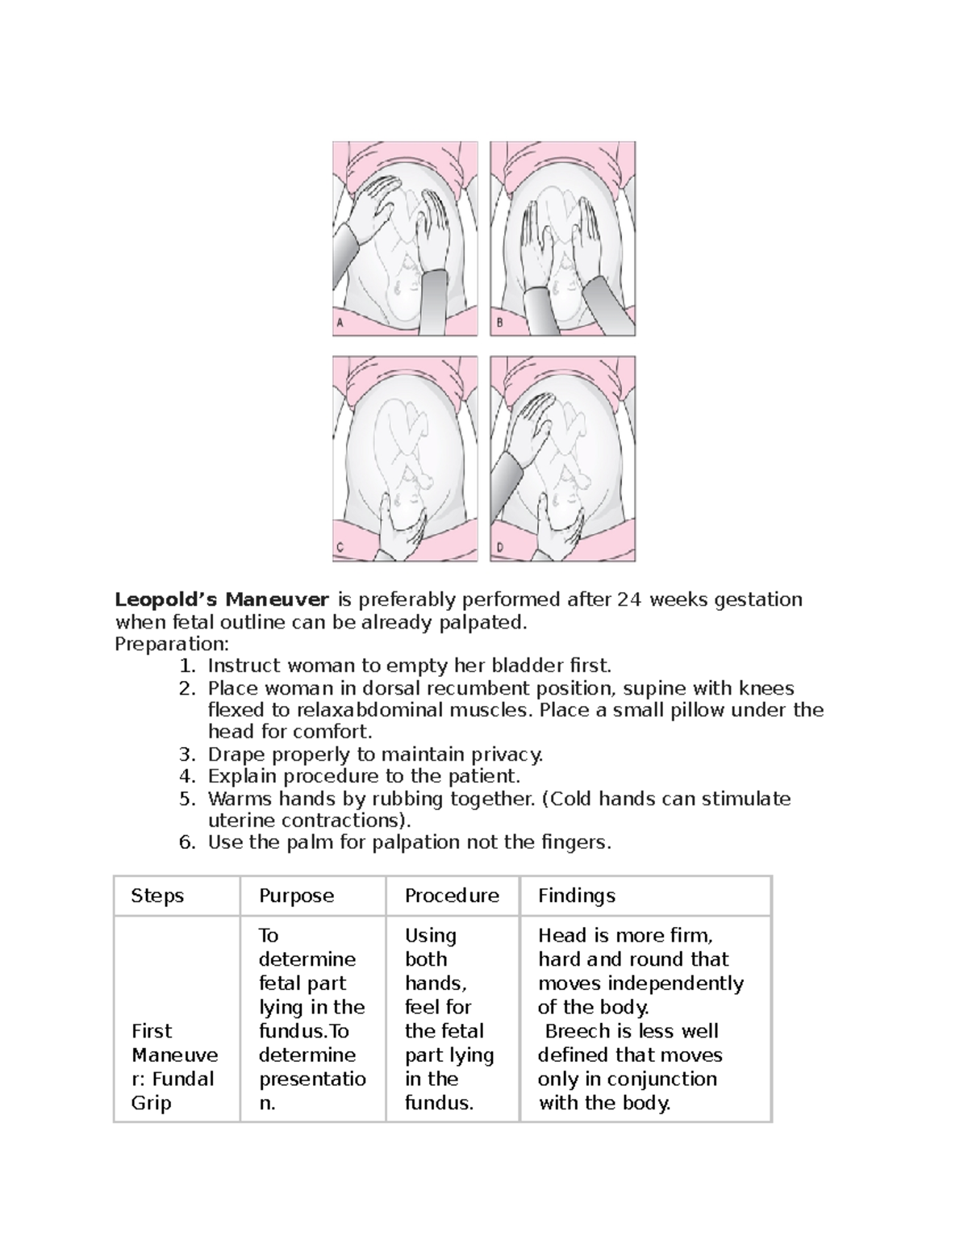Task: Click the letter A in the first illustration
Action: click(x=340, y=323)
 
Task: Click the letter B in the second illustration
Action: click(x=499, y=323)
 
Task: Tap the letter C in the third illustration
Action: click(x=340, y=548)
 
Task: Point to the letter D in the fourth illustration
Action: click(x=499, y=548)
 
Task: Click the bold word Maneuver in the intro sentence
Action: click(x=277, y=599)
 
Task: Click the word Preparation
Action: click(x=171, y=644)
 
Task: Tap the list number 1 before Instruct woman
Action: click(x=186, y=666)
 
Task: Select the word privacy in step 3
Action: click(x=507, y=754)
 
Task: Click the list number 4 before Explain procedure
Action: click(x=186, y=776)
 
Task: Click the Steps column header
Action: click(x=157, y=896)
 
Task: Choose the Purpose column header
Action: click(x=296, y=896)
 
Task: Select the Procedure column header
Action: click(x=452, y=896)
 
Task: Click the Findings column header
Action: click(x=577, y=896)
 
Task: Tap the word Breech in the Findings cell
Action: click(x=578, y=1031)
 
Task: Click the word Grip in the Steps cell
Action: click(x=152, y=1103)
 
